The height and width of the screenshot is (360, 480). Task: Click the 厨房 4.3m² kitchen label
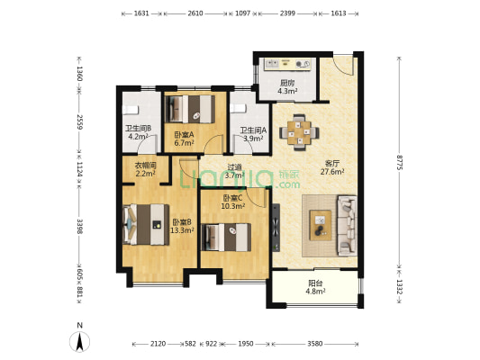287,87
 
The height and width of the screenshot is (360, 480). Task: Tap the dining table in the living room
299,132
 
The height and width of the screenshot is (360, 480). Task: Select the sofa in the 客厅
347,226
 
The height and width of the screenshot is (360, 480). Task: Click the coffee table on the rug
321,225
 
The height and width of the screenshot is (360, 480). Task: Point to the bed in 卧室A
190,109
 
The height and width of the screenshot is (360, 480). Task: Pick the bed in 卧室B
146,224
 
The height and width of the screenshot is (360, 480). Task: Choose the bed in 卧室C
226,238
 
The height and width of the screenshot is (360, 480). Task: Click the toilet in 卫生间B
131,110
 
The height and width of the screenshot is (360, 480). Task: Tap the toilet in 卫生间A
238,108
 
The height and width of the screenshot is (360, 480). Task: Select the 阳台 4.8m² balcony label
315,287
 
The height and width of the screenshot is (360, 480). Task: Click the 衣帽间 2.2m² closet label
145,169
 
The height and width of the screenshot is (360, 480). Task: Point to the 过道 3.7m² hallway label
234,171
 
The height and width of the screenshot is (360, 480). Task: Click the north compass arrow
79,341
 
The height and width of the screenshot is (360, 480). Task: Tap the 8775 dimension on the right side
400,162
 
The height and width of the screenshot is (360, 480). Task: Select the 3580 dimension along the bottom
315,344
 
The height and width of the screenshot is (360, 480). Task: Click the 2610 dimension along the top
195,13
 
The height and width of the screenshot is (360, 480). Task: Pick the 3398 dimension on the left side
79,226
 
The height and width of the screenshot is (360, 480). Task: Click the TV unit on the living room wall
276,228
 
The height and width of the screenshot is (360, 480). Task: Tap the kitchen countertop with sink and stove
288,64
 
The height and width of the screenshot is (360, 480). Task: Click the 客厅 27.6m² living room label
332,167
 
